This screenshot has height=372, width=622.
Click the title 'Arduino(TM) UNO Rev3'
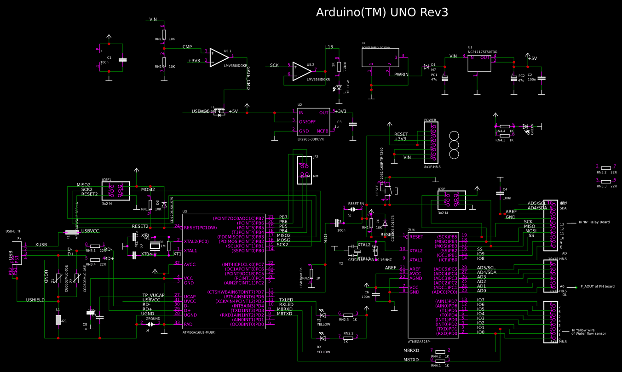coord(382,12)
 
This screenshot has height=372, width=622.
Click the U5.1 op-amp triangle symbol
coord(219,58)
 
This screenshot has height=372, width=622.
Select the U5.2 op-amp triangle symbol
coord(301,71)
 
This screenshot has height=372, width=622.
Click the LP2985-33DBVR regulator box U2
coord(313,122)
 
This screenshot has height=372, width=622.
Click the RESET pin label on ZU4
coord(416,237)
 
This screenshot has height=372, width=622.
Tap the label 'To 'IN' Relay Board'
coord(594,222)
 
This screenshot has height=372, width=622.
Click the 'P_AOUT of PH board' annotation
coord(597,286)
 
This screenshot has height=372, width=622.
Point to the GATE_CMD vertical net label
coord(248,78)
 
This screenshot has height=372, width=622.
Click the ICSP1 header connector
coord(115,190)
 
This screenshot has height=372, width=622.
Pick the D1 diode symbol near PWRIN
coord(426,67)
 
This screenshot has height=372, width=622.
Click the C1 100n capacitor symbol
coord(122,60)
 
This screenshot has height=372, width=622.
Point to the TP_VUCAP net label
coord(154,295)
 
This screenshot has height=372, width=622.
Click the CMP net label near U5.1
coord(187,47)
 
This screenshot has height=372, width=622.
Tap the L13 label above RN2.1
coord(329,47)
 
